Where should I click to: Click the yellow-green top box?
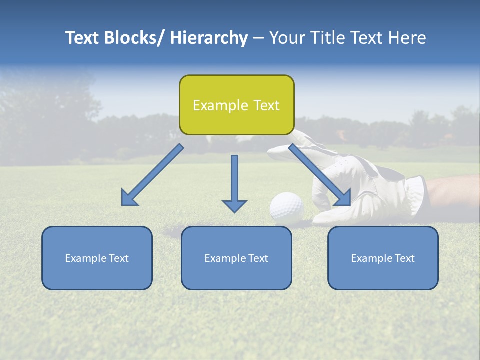pyautogui.click(x=236, y=105)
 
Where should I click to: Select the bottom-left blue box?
pyautogui.click(x=97, y=258)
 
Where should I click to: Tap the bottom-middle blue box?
pyautogui.click(x=236, y=258)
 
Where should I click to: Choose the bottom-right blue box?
pyautogui.click(x=383, y=258)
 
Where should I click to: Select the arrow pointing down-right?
pyautogui.click(x=320, y=175)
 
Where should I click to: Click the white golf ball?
pyautogui.click(x=287, y=207)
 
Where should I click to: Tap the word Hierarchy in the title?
pyautogui.click(x=209, y=38)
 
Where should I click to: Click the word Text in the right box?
pyautogui.click(x=405, y=258)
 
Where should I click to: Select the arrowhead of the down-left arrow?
pyautogui.click(x=129, y=198)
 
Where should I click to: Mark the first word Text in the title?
pyautogui.click(x=82, y=38)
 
